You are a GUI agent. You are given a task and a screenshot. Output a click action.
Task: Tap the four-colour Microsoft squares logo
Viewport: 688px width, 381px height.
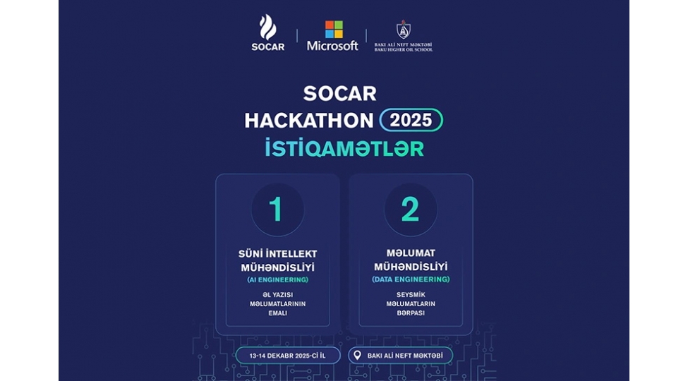coord(334,29)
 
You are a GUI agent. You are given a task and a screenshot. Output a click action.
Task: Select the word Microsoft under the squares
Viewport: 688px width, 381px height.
coord(332,46)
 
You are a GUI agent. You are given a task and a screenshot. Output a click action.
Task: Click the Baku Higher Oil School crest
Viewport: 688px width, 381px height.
coord(403,29)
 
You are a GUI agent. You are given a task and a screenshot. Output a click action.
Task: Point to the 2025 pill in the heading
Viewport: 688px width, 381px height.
coord(411,120)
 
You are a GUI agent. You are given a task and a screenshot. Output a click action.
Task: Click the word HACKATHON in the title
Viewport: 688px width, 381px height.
coord(309,121)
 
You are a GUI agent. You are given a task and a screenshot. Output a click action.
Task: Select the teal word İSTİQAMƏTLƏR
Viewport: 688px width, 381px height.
coord(344,149)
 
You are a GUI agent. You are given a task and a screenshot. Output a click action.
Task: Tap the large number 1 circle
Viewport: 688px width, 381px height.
coord(277,210)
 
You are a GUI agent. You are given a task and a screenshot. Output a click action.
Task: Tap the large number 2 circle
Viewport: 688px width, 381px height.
coord(410,210)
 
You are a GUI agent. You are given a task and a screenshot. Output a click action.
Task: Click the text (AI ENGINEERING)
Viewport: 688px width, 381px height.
coord(277,280)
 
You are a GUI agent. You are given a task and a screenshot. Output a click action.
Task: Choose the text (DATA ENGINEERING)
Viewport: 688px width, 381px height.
coord(410,279)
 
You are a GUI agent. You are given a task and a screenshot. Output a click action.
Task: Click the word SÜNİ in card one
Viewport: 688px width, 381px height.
coord(250,253)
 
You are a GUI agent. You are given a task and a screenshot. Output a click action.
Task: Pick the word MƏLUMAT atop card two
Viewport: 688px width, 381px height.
coord(410,253)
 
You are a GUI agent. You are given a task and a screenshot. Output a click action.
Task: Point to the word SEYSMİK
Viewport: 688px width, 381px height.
coord(410,294)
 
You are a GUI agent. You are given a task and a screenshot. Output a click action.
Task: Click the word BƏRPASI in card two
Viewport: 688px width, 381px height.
coord(410,313)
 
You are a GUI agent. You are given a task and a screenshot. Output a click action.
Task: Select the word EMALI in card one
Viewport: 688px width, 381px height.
coord(277,313)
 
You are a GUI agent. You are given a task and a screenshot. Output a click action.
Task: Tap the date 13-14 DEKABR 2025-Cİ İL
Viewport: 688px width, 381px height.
coord(287,355)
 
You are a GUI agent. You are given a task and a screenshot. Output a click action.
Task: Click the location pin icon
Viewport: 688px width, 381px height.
coord(357,355)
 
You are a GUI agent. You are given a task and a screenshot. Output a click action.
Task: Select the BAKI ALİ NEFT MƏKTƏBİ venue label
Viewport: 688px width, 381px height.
coord(406,355)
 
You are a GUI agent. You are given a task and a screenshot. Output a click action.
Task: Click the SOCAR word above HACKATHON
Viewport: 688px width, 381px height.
coord(339,93)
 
